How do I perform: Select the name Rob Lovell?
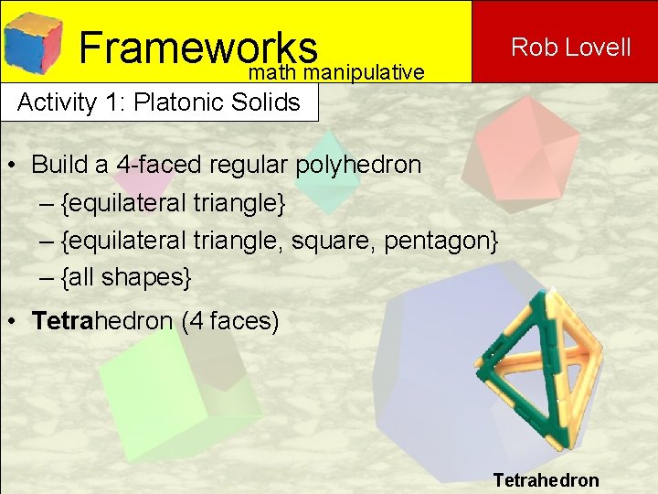[x=570, y=47]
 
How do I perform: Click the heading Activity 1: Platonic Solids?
[x=159, y=102]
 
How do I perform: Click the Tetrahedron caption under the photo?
[x=546, y=480]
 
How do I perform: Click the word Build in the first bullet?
[x=57, y=165]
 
